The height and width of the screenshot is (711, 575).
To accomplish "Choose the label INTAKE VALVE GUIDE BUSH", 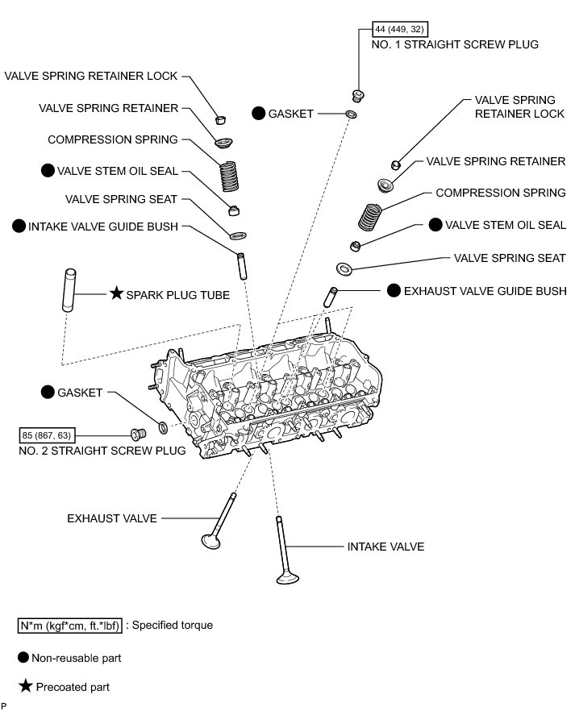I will coord(102,227).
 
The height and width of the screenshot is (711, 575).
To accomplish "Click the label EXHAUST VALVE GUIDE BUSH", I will coord(485,290).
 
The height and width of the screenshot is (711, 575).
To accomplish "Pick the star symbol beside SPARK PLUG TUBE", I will coord(115,295).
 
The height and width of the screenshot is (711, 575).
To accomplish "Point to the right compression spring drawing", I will coord(370,216).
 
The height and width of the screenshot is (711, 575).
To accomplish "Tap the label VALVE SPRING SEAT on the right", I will coord(510,258).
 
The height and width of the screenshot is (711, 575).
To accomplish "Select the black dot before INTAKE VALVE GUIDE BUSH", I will coord(19,227).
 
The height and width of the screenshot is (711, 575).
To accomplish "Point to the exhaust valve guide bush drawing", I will coord(331,296).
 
